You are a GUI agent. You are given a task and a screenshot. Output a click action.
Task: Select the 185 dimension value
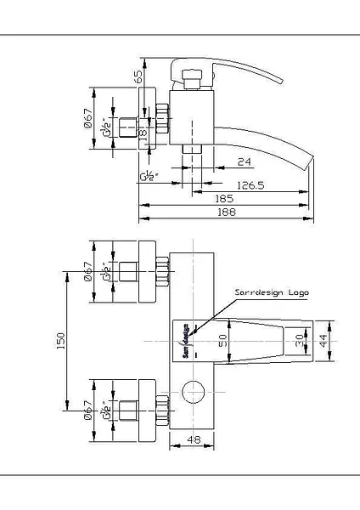pos(226,197)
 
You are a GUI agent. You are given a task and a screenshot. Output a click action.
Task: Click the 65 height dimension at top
pos(138,76)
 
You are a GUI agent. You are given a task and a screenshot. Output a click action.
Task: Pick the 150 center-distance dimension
pos(59,341)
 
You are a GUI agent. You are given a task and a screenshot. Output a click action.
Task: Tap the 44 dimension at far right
pos(343,340)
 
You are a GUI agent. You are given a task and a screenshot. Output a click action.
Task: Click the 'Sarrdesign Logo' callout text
pos(272,292)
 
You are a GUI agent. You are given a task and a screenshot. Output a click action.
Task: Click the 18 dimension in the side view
pos(143,132)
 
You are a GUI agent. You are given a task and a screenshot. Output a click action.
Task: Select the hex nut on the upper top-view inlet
pos(163,274)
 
